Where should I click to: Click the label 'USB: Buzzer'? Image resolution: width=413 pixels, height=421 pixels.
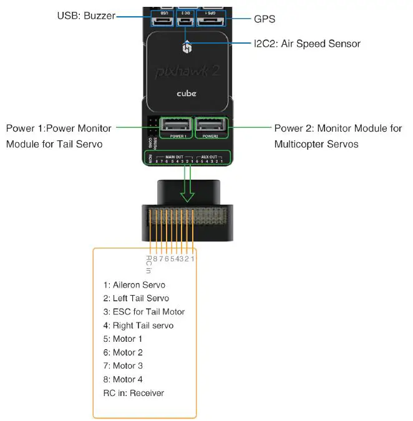(x=84, y=16)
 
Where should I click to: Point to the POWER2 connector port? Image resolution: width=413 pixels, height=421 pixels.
(x=211, y=127)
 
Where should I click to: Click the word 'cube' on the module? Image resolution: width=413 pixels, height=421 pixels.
(x=185, y=94)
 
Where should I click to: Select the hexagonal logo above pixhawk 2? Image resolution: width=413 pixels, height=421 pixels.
(x=186, y=49)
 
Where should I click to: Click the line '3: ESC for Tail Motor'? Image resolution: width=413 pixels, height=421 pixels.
(x=144, y=311)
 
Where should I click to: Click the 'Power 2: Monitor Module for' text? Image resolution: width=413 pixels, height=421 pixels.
(x=338, y=128)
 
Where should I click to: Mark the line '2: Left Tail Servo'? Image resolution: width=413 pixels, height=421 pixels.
(x=136, y=298)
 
